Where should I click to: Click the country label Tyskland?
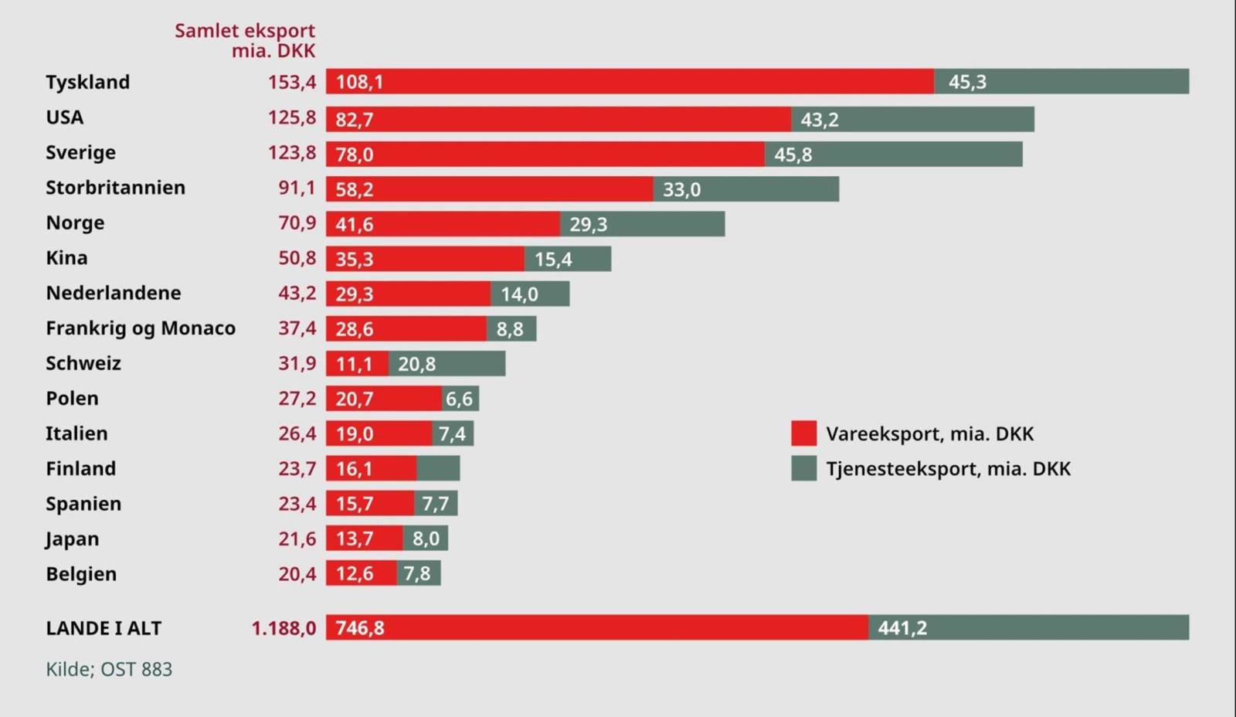87,82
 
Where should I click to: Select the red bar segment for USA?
558,119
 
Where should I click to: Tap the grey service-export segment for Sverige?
893,154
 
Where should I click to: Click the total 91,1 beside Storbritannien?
297,188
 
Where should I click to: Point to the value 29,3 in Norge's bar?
588,224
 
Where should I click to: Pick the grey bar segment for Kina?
568,259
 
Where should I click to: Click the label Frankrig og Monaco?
140,328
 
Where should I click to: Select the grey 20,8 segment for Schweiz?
447,364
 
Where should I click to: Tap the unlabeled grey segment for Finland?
438,468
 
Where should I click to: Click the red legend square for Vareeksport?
803,433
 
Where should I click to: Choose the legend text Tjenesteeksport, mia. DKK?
948,469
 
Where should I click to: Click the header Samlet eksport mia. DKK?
245,40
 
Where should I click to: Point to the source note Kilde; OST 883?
109,669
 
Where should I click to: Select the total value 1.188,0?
284,628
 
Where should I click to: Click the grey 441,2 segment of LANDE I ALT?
1028,627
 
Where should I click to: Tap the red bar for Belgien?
361,573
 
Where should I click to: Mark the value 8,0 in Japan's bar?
426,539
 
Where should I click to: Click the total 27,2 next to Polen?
297,399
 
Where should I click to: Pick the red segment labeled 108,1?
629,81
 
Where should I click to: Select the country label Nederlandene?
113,293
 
